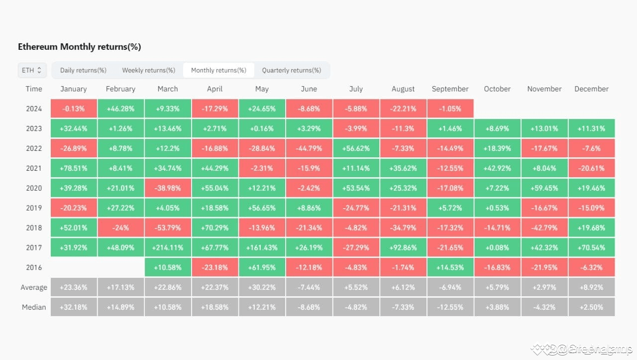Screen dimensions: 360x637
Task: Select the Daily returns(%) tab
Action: (x=83, y=70)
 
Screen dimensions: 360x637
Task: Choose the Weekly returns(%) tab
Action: (x=148, y=70)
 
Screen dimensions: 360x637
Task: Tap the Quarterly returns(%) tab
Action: (x=291, y=70)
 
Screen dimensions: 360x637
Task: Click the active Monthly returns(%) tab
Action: (x=218, y=70)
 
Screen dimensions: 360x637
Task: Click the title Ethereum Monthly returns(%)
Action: (x=80, y=47)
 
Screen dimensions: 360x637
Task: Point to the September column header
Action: (x=450, y=89)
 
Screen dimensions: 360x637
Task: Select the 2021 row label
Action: (x=34, y=168)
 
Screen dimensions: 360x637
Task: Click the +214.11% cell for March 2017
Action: (x=168, y=247)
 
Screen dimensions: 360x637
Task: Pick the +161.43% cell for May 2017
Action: (x=262, y=247)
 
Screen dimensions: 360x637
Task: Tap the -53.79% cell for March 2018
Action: (x=168, y=228)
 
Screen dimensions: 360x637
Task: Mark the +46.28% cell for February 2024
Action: (x=120, y=109)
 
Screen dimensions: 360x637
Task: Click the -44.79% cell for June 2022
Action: (x=309, y=148)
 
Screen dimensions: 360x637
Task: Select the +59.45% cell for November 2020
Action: (x=544, y=188)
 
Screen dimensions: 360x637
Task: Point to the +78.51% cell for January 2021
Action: (x=74, y=168)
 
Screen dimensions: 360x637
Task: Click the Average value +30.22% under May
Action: (x=262, y=287)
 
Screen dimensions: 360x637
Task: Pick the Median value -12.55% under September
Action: (x=450, y=307)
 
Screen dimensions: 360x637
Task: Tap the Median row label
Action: (x=34, y=307)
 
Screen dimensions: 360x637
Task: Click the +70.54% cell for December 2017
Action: (x=591, y=247)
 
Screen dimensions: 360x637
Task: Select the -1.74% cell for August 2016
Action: (x=403, y=267)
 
